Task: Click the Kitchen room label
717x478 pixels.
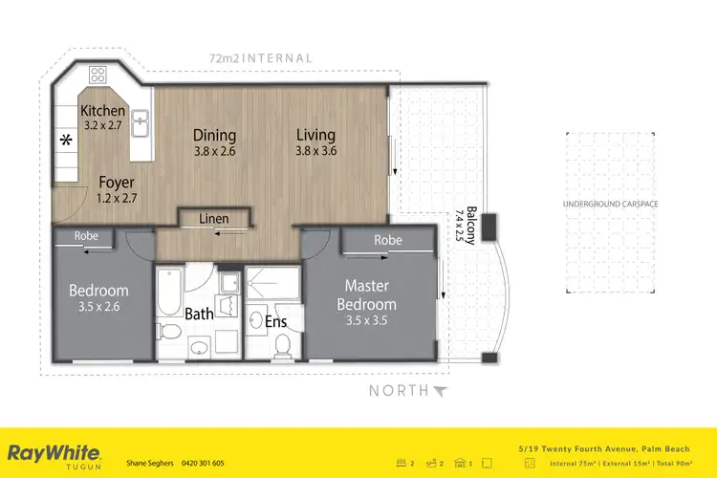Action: [x=103, y=111]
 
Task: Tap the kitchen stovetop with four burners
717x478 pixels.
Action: [x=98, y=74]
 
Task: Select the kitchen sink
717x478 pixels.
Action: [x=140, y=122]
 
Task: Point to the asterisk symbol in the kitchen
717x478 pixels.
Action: [x=66, y=141]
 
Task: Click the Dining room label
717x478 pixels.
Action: [x=214, y=136]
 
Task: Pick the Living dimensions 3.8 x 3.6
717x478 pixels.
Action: [x=315, y=152]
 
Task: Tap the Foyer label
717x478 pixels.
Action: [x=116, y=182]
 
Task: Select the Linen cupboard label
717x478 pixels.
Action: [x=214, y=219]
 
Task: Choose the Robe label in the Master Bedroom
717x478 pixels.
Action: [x=387, y=240]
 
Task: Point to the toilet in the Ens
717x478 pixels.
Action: [x=283, y=347]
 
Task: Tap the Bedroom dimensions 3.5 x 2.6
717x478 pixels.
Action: [x=98, y=308]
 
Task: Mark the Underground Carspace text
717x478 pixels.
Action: [x=610, y=205]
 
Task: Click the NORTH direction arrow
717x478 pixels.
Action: [x=440, y=390]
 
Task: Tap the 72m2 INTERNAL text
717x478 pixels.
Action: [x=260, y=58]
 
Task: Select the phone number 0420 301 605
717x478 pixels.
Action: [x=203, y=463]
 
